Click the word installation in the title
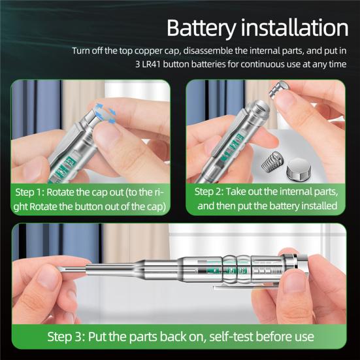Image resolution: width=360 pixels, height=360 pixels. tap(295, 28)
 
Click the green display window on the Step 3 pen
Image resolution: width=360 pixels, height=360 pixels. tap(225, 268)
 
